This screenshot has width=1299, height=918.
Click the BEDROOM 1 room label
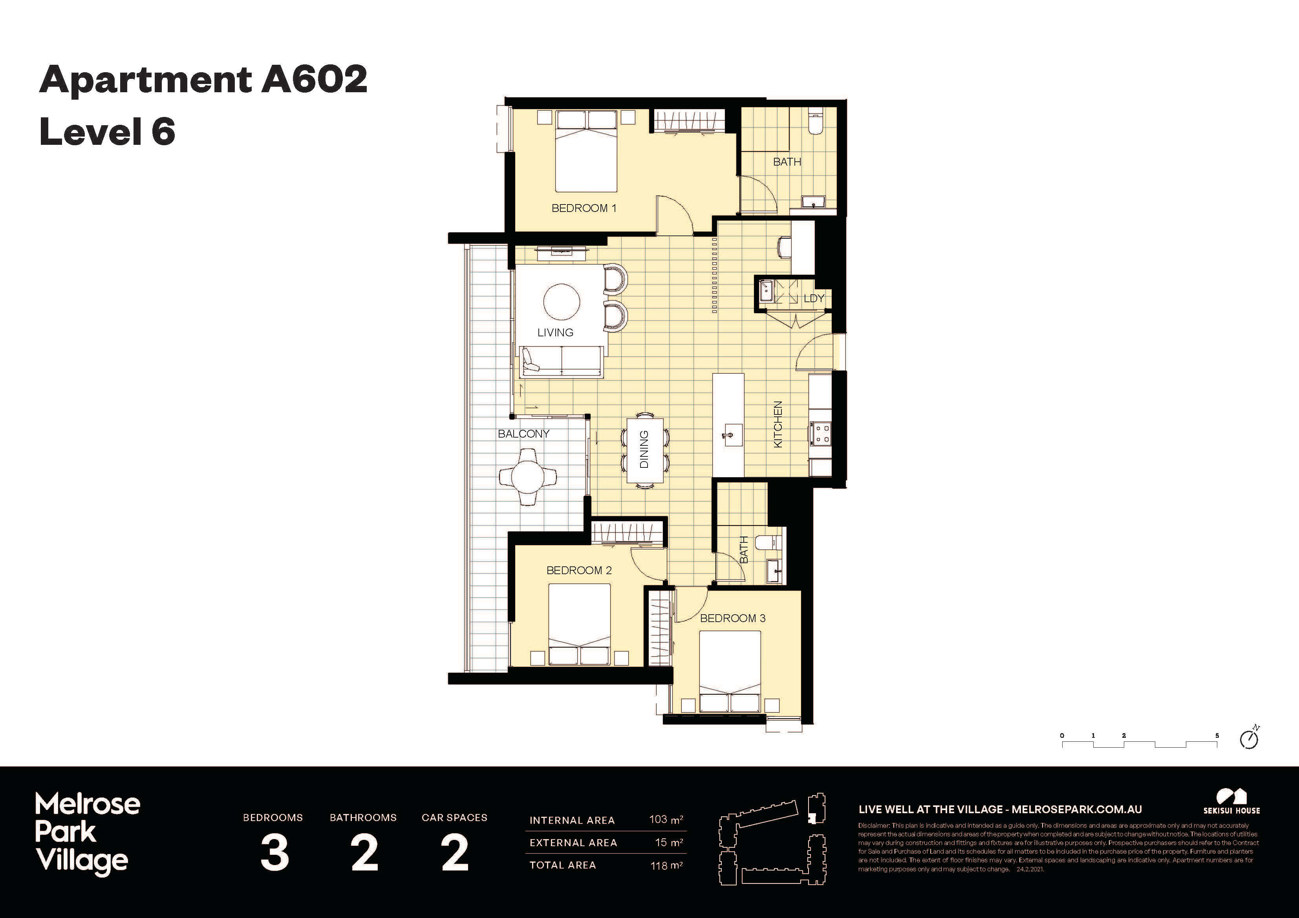click(x=583, y=208)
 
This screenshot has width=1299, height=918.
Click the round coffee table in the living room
click(x=561, y=302)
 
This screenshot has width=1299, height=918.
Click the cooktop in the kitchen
click(x=820, y=434)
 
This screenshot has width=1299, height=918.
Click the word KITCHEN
click(x=778, y=424)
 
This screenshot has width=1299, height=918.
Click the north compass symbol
click(x=1249, y=739)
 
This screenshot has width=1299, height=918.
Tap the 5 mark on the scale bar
click(x=1217, y=736)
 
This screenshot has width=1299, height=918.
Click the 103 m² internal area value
click(x=665, y=819)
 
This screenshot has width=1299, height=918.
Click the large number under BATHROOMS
click(x=364, y=853)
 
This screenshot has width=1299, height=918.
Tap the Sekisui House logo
click(x=1231, y=801)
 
